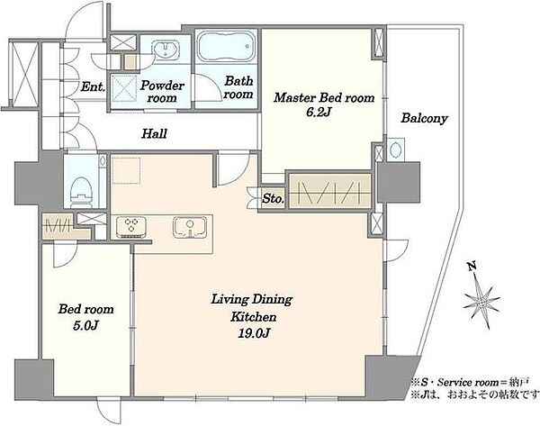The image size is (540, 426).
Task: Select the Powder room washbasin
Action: pyautogui.click(x=166, y=49)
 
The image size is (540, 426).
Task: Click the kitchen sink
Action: pyautogui.click(x=189, y=227)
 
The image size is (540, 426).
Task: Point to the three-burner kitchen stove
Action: pyautogui.click(x=130, y=227)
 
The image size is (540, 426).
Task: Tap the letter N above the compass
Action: pyautogui.click(x=472, y=266)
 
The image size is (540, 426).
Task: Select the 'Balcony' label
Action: pyautogui.click(x=424, y=119)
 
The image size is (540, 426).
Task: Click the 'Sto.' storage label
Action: pyautogui.click(x=274, y=198)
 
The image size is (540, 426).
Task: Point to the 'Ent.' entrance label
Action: pyautogui.click(x=93, y=86)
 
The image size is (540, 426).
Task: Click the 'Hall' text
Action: pyautogui.click(x=154, y=133)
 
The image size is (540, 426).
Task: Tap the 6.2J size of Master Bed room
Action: pyautogui.click(x=319, y=113)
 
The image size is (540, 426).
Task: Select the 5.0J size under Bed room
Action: pyautogui.click(x=86, y=325)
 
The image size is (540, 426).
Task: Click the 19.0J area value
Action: pyautogui.click(x=253, y=333)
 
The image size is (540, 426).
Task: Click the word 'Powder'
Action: pyautogui.click(x=162, y=86)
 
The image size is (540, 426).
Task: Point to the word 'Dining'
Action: pyautogui.click(x=272, y=300)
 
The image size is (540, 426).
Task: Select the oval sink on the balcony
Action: pyautogui.click(x=396, y=150)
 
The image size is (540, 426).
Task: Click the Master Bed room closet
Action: pyautogui.click(x=330, y=192)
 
